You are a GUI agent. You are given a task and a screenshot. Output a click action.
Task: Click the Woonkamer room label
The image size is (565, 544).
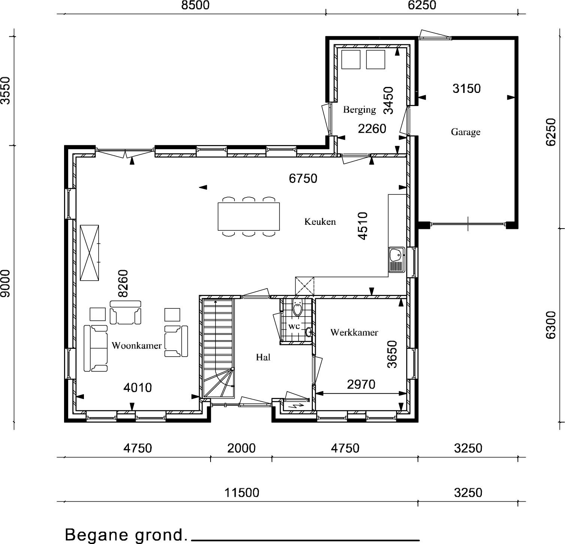tap(136, 345)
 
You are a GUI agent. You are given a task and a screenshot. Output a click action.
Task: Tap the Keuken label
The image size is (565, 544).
tap(320, 221)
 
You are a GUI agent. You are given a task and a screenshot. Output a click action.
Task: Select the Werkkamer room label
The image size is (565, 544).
tap(354, 332)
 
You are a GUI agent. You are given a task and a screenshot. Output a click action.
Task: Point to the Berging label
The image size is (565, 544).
tap(359, 110)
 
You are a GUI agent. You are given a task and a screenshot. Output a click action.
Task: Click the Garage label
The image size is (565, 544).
tap(465, 132)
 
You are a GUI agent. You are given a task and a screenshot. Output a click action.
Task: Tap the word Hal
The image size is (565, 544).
tap(263, 357)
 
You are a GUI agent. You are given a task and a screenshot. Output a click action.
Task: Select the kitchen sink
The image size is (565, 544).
tap(396, 259)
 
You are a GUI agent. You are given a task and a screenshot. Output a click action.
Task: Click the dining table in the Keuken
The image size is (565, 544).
tap(249, 217)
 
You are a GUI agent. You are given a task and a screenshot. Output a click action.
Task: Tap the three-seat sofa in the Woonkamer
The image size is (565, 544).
tap(96, 348)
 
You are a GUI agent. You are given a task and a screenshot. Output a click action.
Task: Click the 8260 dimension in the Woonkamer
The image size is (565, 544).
tap(123, 283)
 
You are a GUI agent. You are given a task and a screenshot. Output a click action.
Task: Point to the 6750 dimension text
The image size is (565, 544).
tap(303, 178)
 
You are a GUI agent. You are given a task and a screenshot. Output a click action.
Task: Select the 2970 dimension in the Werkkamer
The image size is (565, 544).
tap(361, 384)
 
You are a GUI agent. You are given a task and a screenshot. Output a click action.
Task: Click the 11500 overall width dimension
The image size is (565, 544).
tap(242, 492)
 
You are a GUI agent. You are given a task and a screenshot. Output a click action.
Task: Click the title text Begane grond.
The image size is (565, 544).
tap(126, 534)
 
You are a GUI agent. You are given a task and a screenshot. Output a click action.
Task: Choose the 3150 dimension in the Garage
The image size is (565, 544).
tap(466, 88)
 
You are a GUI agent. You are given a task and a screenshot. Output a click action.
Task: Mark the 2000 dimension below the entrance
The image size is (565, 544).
tap(242, 448)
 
